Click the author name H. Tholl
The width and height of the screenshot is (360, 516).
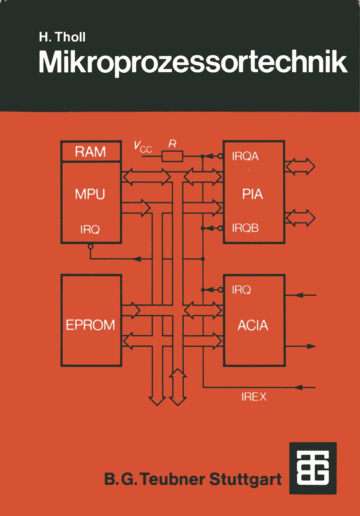point(62,37)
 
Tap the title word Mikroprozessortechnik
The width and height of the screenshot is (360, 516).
point(193,63)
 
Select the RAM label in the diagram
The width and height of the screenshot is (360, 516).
point(91,152)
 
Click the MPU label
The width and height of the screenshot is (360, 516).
point(90,194)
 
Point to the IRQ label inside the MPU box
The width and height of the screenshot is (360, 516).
point(90,229)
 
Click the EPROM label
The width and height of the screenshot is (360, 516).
point(91,325)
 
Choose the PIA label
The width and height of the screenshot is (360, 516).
point(253,194)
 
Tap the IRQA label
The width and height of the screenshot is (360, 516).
point(246,156)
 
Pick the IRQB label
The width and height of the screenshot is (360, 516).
point(246,228)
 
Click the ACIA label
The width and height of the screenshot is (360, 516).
point(253,325)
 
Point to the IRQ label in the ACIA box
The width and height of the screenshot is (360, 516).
point(242,290)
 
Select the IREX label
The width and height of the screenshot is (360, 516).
point(254,397)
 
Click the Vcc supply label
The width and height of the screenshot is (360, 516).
point(143,146)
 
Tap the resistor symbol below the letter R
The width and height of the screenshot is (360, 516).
point(172,156)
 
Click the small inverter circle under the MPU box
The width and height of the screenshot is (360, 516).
point(91,246)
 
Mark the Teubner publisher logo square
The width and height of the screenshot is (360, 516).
point(313,468)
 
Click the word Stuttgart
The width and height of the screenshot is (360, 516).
point(246,479)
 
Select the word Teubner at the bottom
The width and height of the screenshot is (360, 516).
point(173,479)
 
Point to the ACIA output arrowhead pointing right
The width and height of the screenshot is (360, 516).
point(311,346)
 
